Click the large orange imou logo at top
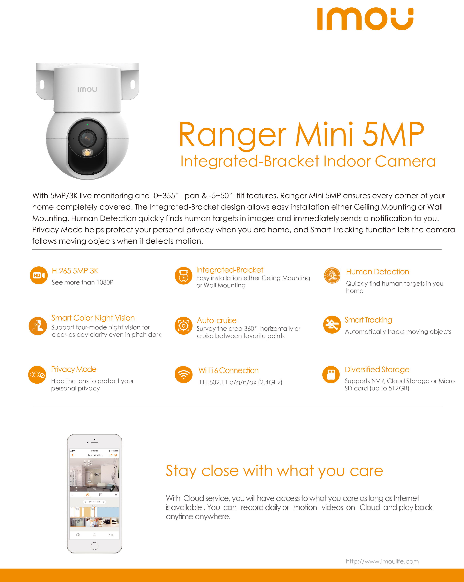click(x=365, y=19)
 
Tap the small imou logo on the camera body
click(x=87, y=89)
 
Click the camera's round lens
click(x=87, y=138)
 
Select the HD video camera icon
click(x=39, y=275)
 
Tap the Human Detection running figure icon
click(x=332, y=276)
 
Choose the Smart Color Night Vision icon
click(x=38, y=326)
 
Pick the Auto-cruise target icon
click(x=183, y=326)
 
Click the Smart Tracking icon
click(x=332, y=325)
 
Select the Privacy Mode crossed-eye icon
click(x=37, y=375)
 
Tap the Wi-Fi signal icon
click(x=184, y=375)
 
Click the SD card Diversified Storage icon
click(x=331, y=375)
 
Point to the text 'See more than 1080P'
click(x=82, y=282)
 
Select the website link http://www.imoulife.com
click(x=382, y=561)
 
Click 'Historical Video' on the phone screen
click(x=94, y=455)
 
